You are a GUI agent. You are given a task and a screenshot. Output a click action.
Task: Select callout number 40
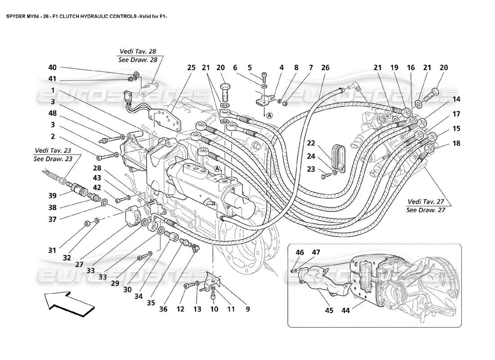(53, 67)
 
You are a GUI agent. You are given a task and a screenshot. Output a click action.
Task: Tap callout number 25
(191, 67)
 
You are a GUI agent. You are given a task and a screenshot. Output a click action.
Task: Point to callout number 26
(325, 67)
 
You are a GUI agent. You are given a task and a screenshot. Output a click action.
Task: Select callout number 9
(247, 309)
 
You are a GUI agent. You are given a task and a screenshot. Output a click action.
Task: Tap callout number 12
(181, 309)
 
